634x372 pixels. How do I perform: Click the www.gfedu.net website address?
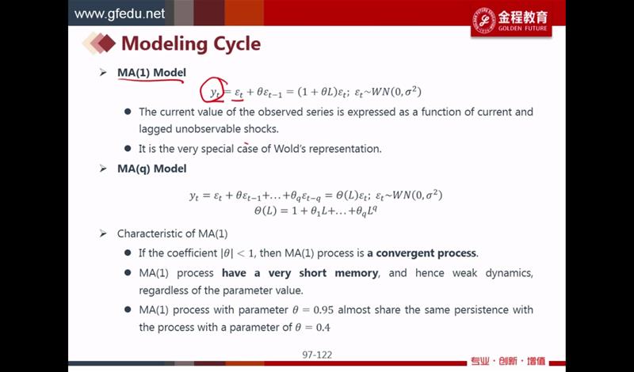[x=120, y=13]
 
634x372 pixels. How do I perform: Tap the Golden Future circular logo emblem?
[x=483, y=21]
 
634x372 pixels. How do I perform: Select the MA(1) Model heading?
[x=151, y=73]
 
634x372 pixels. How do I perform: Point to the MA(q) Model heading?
[x=151, y=169]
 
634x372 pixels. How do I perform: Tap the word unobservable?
[x=208, y=129]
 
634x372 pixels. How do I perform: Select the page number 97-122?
[x=317, y=355]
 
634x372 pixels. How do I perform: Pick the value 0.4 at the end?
[x=323, y=328]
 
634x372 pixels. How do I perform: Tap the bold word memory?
[x=356, y=273]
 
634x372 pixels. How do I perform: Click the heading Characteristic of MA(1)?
[x=172, y=233]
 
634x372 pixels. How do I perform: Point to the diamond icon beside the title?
[x=100, y=44]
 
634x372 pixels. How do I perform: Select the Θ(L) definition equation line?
[x=315, y=211]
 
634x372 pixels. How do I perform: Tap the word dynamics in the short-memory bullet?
[x=509, y=273]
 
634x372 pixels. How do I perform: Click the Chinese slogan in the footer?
[x=507, y=361]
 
